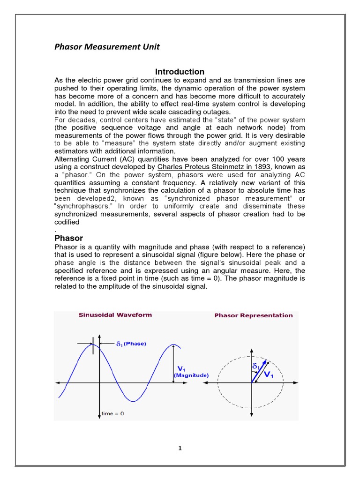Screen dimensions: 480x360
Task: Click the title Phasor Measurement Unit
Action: pyautogui.click(x=107, y=46)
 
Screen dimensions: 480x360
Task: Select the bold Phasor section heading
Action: pyautogui.click(x=68, y=238)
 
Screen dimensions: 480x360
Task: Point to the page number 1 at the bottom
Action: pyautogui.click(x=180, y=448)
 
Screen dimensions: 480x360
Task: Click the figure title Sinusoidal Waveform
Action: pyautogui.click(x=115, y=315)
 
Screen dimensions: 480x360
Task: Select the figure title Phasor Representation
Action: pyautogui.click(x=253, y=315)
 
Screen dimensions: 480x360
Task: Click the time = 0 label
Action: pyautogui.click(x=113, y=413)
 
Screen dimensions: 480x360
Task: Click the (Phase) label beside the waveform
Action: pyautogui.click(x=135, y=344)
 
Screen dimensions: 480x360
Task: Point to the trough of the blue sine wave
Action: pyautogui.click(x=134, y=401)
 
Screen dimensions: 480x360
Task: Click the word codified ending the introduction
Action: pyautogui.click(x=68, y=223)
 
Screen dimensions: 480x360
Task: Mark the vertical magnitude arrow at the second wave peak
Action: pyautogui.click(x=174, y=364)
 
